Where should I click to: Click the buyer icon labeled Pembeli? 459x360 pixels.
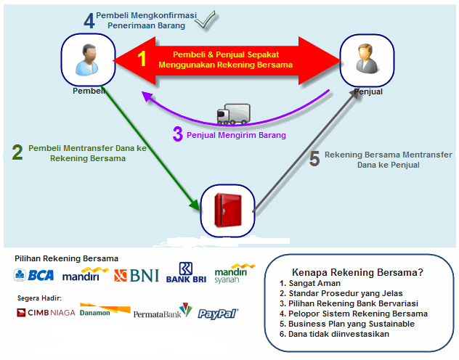pos(87,60)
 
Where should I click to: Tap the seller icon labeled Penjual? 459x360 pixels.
pos(367,59)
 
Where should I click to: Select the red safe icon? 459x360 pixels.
pos(228,210)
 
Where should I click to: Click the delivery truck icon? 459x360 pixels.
pos(234,114)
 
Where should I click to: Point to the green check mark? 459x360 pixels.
pos(206,20)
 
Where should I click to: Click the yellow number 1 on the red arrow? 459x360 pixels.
pos(142,58)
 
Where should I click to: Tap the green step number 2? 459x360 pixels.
pos(17,152)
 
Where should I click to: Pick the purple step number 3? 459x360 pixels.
pos(178,134)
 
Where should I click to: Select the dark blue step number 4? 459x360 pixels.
pos(89,20)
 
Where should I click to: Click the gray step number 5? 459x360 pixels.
pos(314,159)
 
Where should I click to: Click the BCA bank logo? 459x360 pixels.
pos(33,275)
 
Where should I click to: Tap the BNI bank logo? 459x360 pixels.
pos(137,276)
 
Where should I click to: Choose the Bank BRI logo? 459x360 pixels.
pos(186,273)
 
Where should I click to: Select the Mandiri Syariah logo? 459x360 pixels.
pos(235,274)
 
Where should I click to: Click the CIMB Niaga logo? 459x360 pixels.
pos(46,313)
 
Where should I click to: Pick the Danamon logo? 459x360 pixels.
pos(105,310)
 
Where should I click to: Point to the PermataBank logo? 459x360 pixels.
pos(163,311)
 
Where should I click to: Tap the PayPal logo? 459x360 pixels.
pos(218,314)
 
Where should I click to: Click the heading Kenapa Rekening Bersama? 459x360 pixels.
pos(358,272)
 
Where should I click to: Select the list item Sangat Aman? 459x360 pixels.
pos(310,283)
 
